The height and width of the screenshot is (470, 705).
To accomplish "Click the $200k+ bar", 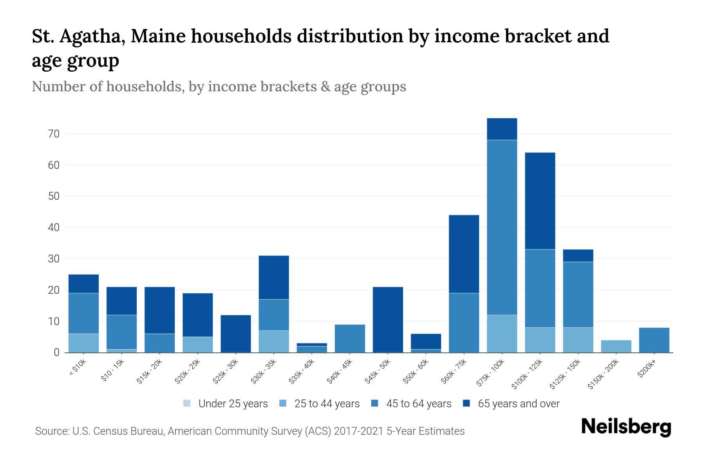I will click(654, 340).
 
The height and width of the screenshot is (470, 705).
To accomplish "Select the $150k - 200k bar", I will click(616, 346).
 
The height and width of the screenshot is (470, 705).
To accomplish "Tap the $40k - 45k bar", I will click(350, 338).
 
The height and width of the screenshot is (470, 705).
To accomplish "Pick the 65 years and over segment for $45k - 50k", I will click(388, 320).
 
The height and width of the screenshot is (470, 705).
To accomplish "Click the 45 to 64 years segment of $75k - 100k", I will click(502, 227).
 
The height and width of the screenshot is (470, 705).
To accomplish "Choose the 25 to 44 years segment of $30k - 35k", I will click(274, 342).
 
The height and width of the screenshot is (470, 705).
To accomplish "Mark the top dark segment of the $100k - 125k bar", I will click(540, 201).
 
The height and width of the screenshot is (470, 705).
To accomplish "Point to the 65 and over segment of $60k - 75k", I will click(464, 254).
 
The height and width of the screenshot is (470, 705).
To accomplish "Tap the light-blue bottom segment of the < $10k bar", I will click(83, 343).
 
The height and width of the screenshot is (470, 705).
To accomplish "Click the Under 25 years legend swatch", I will click(187, 403).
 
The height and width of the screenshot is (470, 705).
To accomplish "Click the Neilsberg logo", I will click(626, 427).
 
